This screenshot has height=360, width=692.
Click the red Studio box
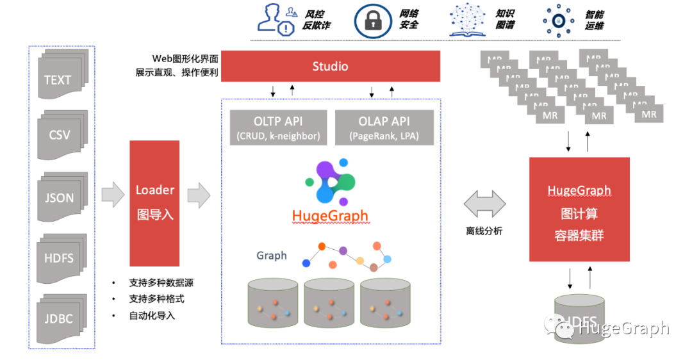(x=331, y=66)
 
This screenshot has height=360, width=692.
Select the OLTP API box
(x=278, y=127)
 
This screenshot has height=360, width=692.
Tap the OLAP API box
(x=384, y=127)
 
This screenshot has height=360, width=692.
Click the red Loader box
(x=154, y=203)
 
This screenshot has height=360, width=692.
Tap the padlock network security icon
(x=374, y=20)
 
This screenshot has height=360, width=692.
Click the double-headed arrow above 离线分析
(x=485, y=204)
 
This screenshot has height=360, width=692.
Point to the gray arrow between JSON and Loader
(x=113, y=195)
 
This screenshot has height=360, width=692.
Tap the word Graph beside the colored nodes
(x=272, y=256)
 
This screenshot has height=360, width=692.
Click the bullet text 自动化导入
(x=152, y=315)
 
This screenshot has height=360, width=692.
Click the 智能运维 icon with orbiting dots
(x=558, y=20)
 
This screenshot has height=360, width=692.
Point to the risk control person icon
(x=275, y=19)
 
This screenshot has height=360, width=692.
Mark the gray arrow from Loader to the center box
(x=202, y=195)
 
